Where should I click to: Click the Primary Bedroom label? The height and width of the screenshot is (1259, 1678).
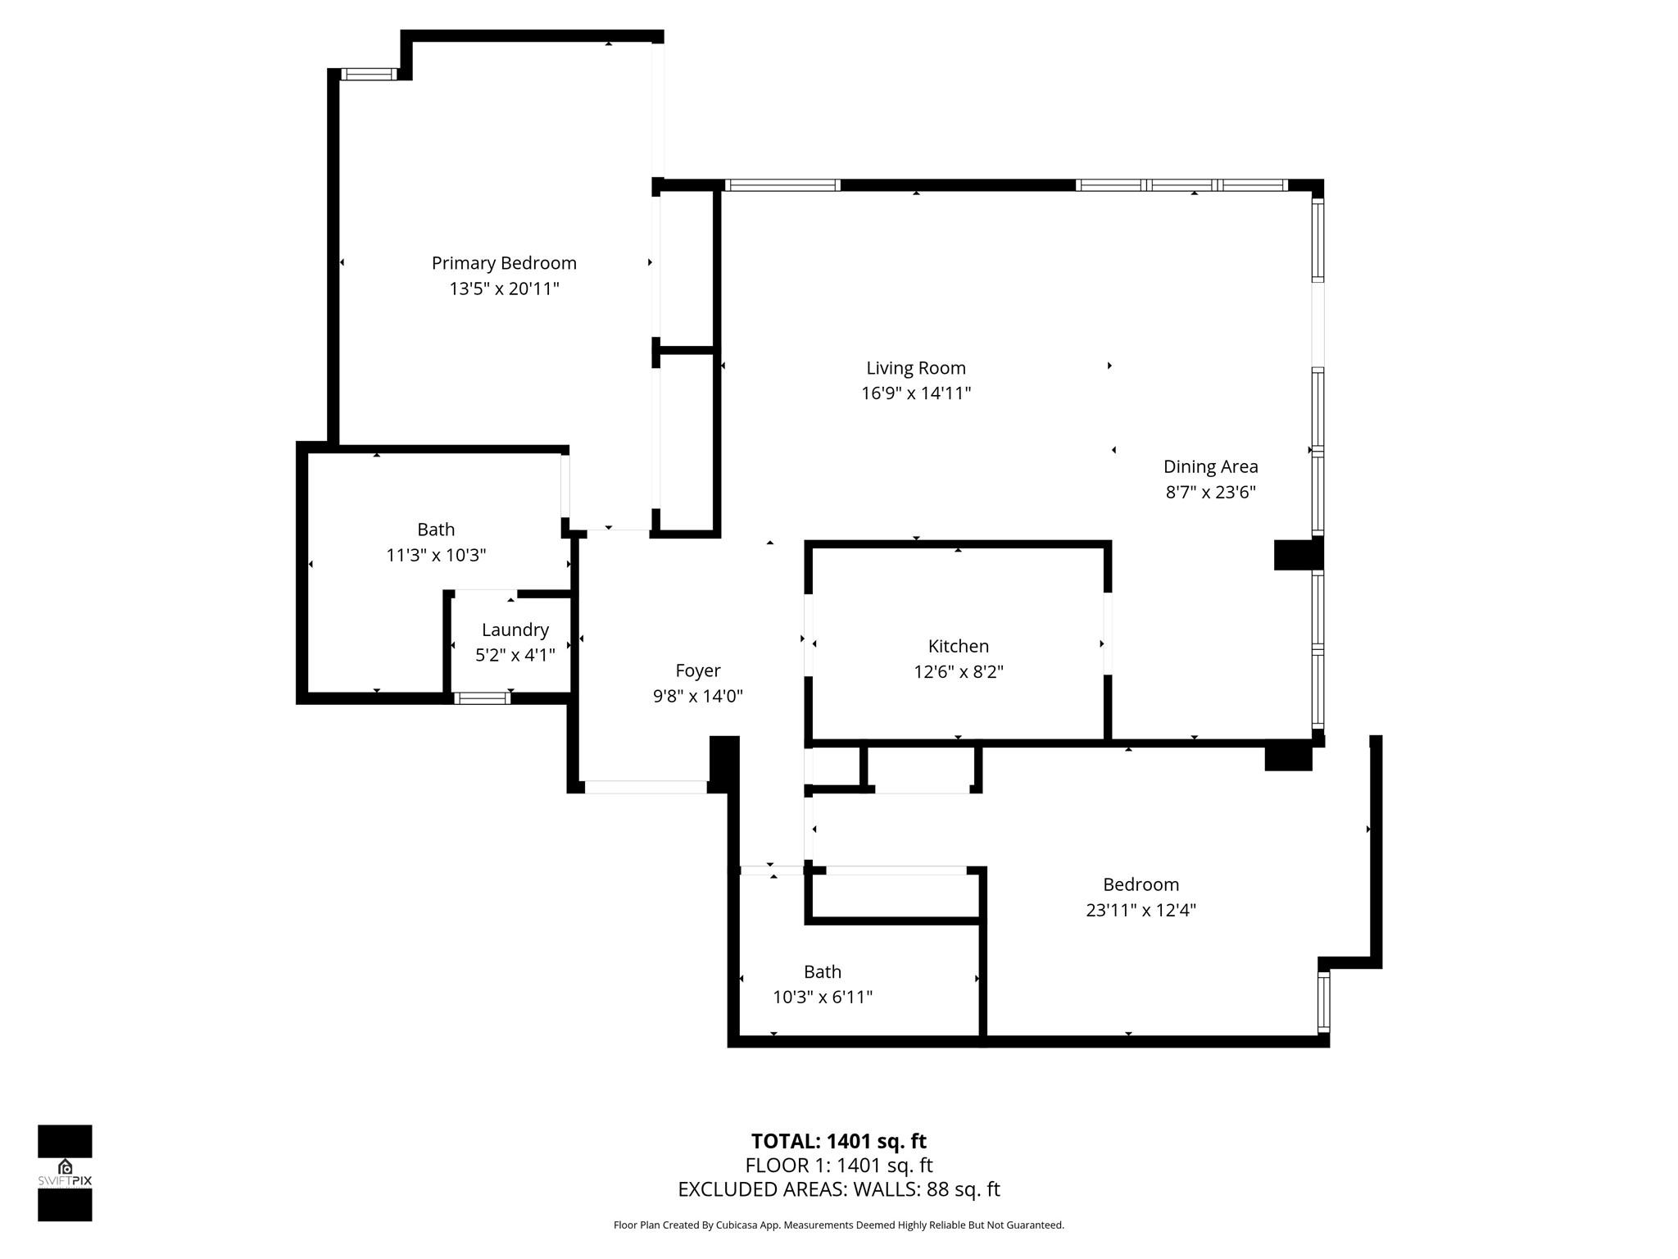pos(504,263)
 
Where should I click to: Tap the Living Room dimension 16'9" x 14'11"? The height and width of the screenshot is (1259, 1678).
pos(916,393)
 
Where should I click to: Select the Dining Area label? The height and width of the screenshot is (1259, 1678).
pos(1210,466)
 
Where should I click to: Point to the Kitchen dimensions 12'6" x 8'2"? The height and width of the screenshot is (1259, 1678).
pos(959,672)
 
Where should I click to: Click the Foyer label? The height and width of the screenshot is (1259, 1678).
pos(697,670)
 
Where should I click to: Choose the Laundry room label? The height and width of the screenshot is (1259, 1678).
pos(515,629)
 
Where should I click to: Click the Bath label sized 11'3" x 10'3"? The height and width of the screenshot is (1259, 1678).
pos(436,530)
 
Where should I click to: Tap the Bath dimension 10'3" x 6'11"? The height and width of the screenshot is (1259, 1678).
pos(822,998)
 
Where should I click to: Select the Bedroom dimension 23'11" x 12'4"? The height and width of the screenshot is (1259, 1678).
pos(1141,910)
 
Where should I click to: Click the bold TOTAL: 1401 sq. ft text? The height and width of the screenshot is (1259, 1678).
pos(838,1141)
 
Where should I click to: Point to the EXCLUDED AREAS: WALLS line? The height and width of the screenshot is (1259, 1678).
pos(838,1189)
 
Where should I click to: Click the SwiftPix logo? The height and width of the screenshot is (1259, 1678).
pos(65,1172)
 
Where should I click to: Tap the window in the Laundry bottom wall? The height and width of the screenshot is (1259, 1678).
pos(482,698)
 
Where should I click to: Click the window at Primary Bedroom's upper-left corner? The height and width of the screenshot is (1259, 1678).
pos(368,75)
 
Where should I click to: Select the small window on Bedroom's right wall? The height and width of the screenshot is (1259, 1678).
pos(1323,1001)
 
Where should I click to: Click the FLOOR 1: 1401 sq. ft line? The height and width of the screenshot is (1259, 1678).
pos(838,1166)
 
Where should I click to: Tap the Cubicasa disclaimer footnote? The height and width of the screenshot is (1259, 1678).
pos(838,1225)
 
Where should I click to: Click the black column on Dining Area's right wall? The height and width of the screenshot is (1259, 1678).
pos(1298,555)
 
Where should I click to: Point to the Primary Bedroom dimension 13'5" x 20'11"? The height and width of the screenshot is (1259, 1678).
pos(504,289)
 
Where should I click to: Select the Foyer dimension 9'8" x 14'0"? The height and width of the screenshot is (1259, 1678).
pos(697,697)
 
